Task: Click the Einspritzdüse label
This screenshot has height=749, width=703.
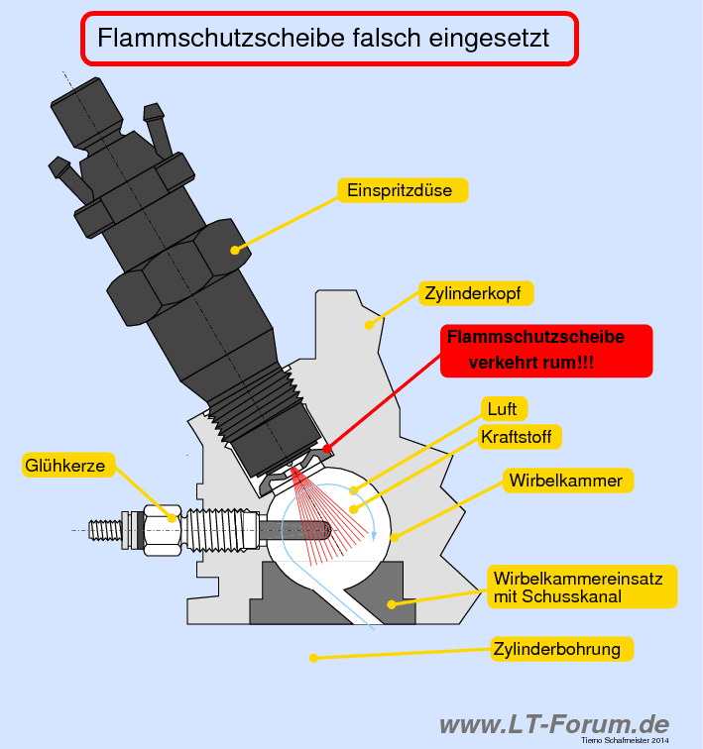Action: (402, 190)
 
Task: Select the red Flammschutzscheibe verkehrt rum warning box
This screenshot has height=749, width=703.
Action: (546, 351)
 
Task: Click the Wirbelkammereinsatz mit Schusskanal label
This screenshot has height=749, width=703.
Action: (583, 587)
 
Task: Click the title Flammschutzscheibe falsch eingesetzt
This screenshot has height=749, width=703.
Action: (327, 40)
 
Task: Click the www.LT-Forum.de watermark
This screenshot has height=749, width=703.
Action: (553, 724)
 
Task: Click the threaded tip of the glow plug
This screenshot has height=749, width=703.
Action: (103, 529)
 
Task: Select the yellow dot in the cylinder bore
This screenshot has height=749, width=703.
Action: (313, 656)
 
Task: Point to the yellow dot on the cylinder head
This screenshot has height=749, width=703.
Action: (369, 322)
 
